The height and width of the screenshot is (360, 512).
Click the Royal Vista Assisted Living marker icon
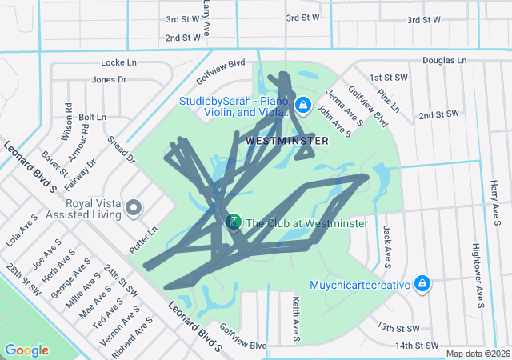pyautogui.click(x=134, y=208)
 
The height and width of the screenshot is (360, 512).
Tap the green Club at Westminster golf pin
pyautogui.click(x=234, y=222)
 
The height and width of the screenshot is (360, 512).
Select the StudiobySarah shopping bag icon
pyautogui.click(x=303, y=105)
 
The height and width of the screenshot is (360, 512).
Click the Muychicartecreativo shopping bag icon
pyautogui.click(x=422, y=284)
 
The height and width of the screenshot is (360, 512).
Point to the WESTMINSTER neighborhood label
pyautogui.click(x=287, y=140)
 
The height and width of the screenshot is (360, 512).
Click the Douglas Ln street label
pyautogui.click(x=444, y=61)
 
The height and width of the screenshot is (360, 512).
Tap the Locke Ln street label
pyautogui.click(x=119, y=62)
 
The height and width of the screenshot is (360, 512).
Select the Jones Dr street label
pyautogui.click(x=110, y=79)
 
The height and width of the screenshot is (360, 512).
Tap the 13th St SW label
pyautogui.click(x=398, y=327)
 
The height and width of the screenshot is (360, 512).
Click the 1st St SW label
pyautogui.click(x=389, y=77)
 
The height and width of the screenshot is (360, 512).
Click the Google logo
pyautogui.click(x=26, y=350)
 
